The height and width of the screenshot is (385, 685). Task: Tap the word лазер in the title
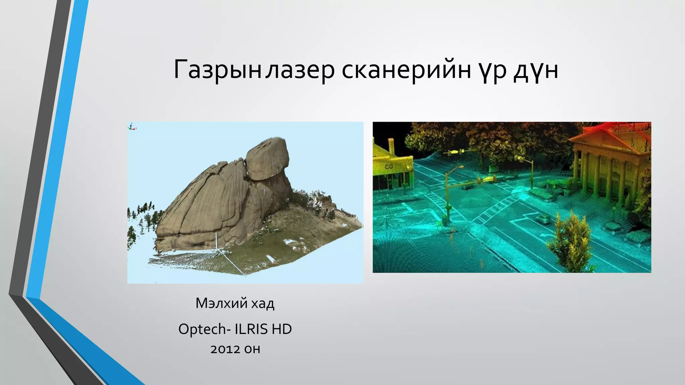(300, 70)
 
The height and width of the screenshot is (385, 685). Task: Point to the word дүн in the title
(536, 70)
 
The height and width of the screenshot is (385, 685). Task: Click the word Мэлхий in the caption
(221, 303)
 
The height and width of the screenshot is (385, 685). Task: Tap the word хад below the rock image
(263, 303)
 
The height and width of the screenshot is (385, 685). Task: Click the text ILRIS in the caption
(251, 329)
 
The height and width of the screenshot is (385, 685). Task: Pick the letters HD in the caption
(282, 329)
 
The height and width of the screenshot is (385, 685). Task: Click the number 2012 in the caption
(225, 349)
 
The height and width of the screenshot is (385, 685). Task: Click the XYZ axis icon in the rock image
(132, 126)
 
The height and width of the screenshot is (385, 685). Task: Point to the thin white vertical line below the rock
(216, 241)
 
